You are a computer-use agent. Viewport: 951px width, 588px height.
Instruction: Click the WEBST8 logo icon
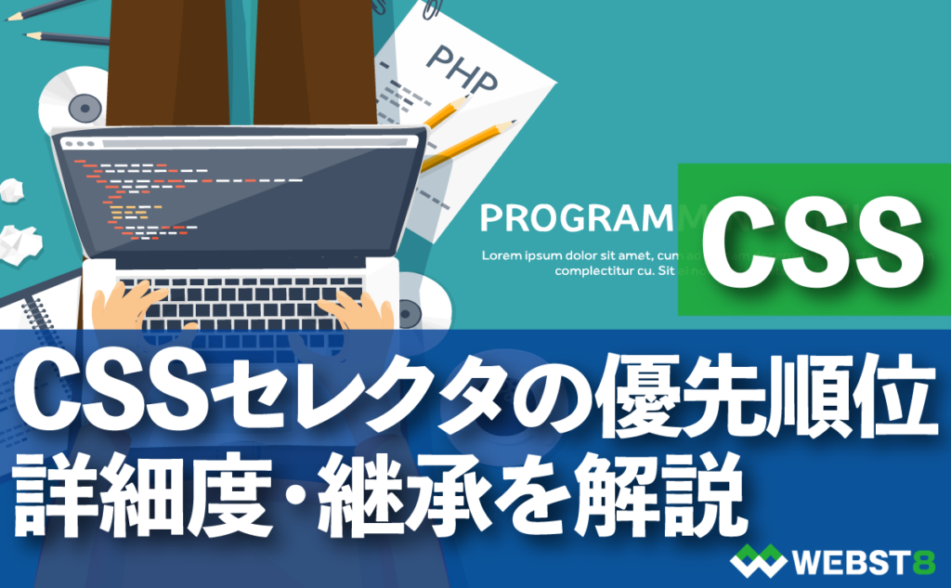(x=759, y=561)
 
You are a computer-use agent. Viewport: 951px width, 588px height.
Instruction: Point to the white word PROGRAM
(x=574, y=219)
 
